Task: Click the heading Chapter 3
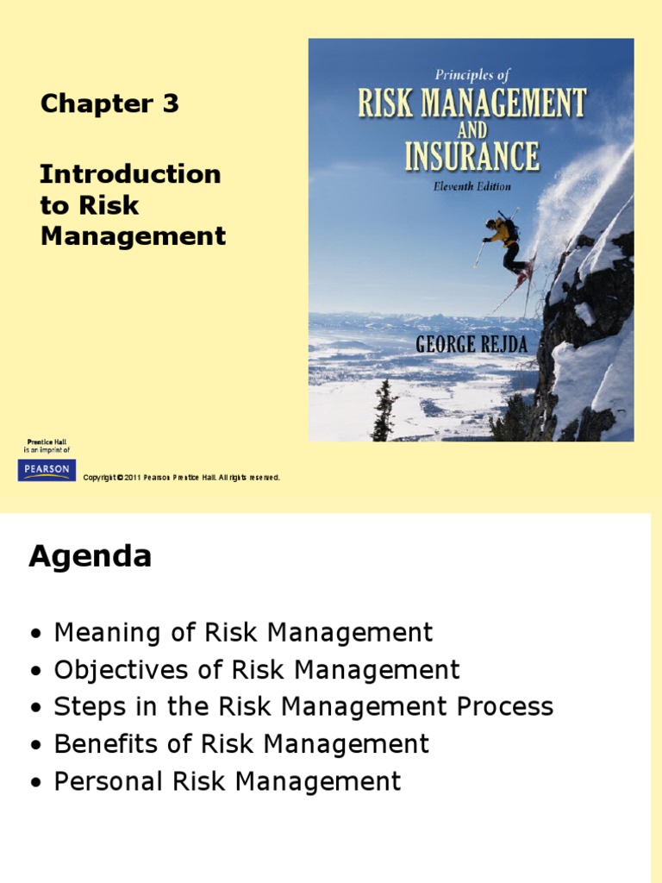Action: click(109, 103)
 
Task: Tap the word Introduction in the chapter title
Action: click(130, 174)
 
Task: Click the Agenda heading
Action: click(90, 556)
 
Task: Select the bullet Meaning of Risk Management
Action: click(243, 633)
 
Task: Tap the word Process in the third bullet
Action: click(504, 707)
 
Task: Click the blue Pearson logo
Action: click(47, 470)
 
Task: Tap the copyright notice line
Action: click(181, 478)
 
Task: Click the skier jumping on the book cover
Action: click(506, 244)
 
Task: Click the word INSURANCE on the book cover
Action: click(472, 158)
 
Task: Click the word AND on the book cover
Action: click(472, 130)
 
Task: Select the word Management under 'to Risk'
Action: click(133, 236)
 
